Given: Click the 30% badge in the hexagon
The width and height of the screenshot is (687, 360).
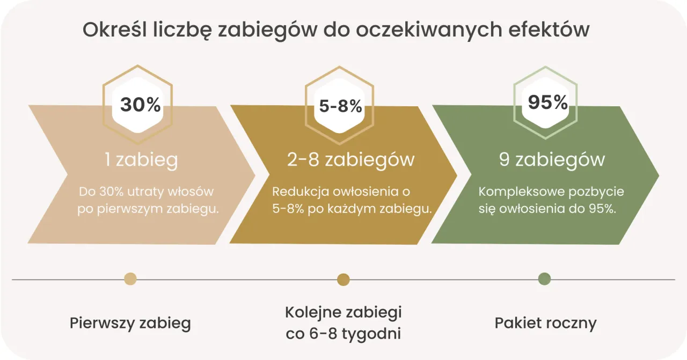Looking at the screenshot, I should [140, 105].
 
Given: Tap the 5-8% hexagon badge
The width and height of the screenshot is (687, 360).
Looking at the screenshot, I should [340, 106].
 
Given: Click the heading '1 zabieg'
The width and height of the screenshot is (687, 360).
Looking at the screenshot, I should [141, 160].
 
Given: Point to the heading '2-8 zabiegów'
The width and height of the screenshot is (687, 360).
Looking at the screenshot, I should [351, 160].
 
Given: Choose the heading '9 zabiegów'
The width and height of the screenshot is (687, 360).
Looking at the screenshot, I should [552, 160].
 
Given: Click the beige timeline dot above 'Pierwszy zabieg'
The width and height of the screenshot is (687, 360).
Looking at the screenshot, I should [130, 279].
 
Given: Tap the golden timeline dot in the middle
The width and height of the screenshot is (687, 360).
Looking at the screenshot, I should [343, 280].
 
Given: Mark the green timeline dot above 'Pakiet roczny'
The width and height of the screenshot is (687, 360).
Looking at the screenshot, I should [544, 279].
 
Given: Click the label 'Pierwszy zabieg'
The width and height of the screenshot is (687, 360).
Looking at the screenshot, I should [130, 324].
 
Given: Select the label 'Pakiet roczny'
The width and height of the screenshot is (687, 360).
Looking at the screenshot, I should [545, 324].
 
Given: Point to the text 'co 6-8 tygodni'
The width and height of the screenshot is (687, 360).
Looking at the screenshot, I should [343, 334].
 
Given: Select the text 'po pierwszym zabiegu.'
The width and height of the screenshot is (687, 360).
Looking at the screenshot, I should [148, 209].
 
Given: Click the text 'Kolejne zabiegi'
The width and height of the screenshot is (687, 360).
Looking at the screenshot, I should [343, 312].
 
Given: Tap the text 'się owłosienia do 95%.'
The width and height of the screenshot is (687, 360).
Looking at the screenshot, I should [547, 209].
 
